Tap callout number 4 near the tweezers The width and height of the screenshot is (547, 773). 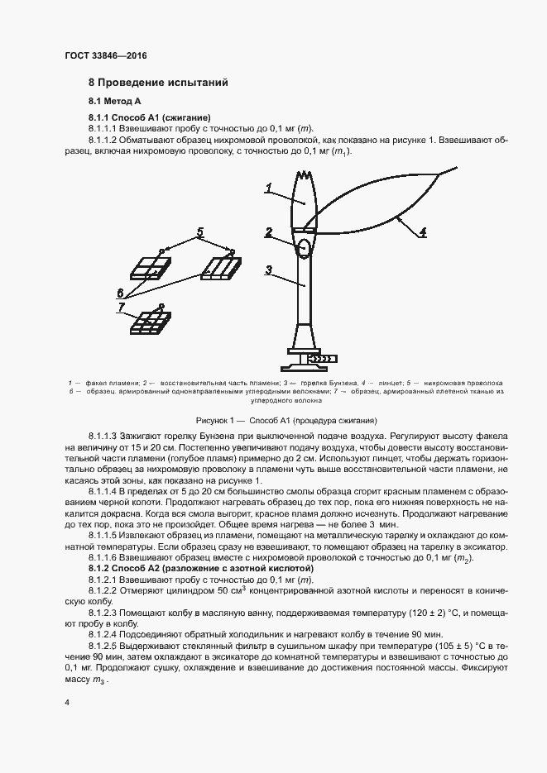[422, 233]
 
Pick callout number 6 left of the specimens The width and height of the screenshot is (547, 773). [121, 292]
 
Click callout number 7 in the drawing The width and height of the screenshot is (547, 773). [121, 307]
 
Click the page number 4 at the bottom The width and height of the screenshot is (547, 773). [67, 703]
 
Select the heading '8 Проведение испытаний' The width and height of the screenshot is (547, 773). [158, 83]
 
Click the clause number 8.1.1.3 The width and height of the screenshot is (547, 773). [105, 435]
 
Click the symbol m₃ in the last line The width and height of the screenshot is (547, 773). [98, 680]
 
